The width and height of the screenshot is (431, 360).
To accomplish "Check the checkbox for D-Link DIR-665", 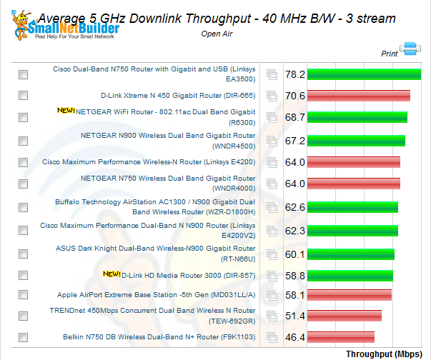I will (24, 95).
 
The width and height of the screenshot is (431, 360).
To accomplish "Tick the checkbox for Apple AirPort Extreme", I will (24, 295).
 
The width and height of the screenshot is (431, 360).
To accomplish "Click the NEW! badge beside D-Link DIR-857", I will (112, 274).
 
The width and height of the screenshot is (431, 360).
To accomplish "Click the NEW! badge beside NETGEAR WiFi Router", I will (66, 111).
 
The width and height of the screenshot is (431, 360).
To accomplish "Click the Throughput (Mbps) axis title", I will (387, 353).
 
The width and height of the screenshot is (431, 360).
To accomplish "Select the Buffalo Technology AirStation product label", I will (155, 207).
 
